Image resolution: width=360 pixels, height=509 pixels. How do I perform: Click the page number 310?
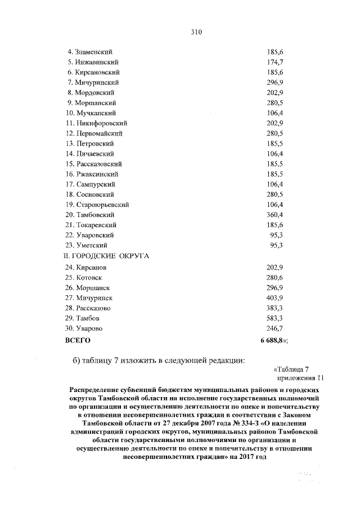point(196,31)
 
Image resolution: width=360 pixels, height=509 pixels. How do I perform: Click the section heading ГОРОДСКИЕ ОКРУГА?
point(109,255)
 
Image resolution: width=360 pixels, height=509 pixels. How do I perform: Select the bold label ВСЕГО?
point(78,340)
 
